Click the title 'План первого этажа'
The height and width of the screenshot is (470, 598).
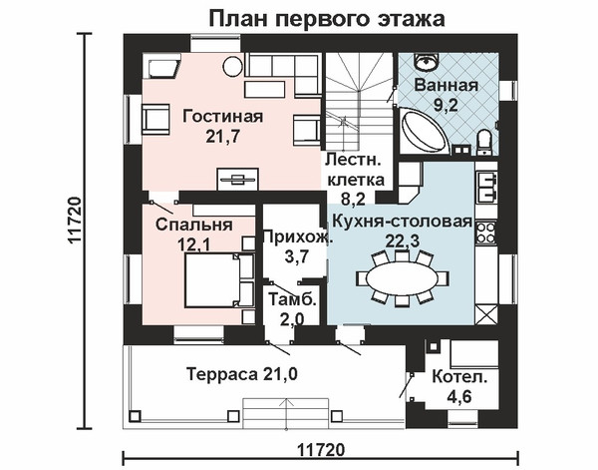pos(327,19)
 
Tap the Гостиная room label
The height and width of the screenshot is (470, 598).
pos(223,116)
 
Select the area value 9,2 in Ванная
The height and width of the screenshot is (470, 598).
pos(446,105)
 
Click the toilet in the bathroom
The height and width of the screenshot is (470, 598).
pos(484,143)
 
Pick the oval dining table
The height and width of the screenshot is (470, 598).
pos(402,279)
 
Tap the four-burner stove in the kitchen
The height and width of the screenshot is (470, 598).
pos(486,233)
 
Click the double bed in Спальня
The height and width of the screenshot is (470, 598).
pos(218,280)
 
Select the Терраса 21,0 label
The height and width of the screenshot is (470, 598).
pos(242,374)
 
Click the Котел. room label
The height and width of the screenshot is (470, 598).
pos(459,377)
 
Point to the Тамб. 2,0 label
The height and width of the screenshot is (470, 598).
pos(292,309)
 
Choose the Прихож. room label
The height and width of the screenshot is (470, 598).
pos(298,236)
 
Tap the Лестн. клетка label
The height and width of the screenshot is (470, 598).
pos(355,170)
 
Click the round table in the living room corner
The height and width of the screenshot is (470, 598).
pos(232,66)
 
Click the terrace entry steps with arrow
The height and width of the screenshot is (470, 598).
pos(286,413)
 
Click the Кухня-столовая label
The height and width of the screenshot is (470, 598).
pos(403,222)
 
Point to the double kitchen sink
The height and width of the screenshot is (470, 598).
pos(486,187)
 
